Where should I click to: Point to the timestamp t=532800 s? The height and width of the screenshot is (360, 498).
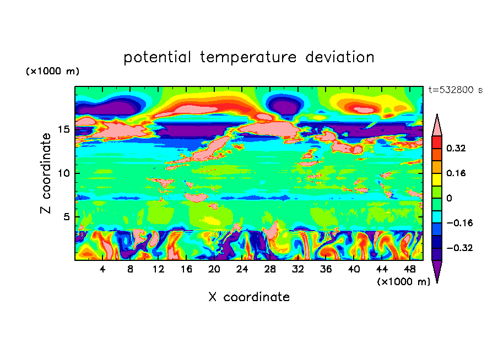pos(456,90)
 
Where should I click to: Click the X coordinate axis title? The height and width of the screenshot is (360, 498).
pos(249,297)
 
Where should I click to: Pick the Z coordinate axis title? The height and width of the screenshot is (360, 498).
pos(46,173)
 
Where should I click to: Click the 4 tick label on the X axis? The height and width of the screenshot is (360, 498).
pos(102,270)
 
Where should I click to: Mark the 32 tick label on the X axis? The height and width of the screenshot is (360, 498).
pos(298,270)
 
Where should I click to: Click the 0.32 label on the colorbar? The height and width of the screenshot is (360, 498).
pos(457,148)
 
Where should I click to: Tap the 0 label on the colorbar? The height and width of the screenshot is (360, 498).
pos(449,198)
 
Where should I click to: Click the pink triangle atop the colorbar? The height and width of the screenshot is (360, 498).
pos(437,124)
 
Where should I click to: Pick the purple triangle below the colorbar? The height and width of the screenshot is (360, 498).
pos(437,271)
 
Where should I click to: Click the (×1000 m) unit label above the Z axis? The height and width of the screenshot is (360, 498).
pos(52,72)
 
